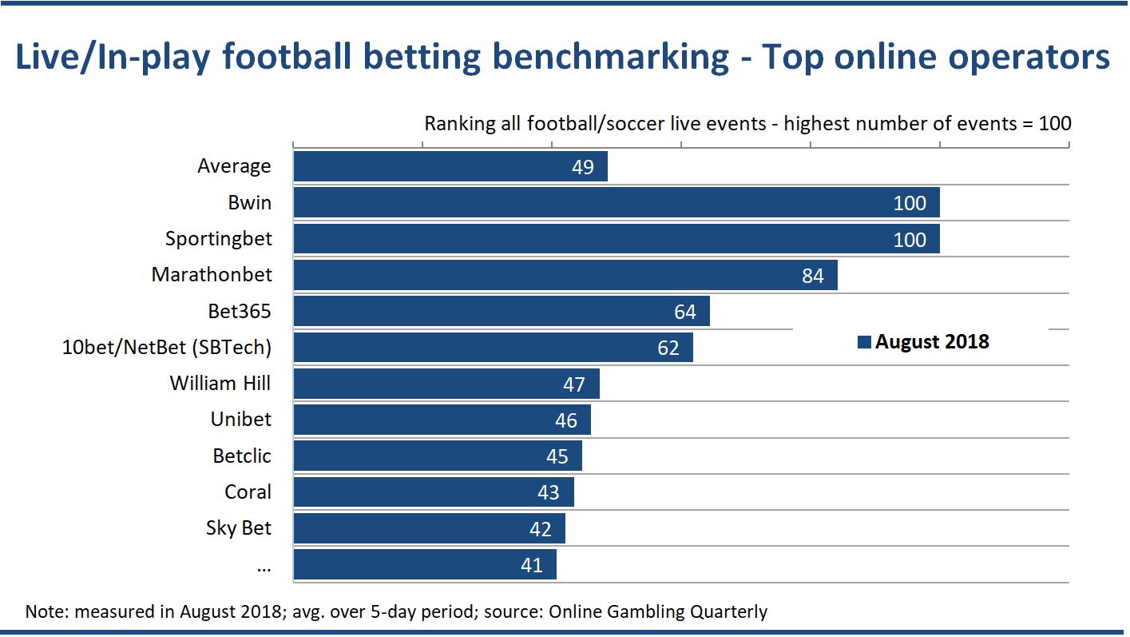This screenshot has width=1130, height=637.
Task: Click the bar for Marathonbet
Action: pyautogui.click(x=565, y=276)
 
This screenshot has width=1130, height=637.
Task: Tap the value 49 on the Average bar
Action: pyautogui.click(x=582, y=167)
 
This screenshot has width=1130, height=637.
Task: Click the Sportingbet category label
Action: pyautogui.click(x=218, y=239)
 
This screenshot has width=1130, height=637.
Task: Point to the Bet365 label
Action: pyautogui.click(x=239, y=312)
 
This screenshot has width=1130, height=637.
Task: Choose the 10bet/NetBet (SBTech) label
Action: pyautogui.click(x=167, y=348)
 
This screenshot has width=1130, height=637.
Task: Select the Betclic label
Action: pyautogui.click(x=242, y=456)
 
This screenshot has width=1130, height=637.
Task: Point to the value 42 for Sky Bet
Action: pyautogui.click(x=540, y=529)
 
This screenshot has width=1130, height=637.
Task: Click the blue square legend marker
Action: pyautogui.click(x=863, y=343)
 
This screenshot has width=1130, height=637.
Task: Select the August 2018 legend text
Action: pyautogui.click(x=932, y=342)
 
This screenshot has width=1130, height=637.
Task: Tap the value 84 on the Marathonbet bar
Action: pyautogui.click(x=812, y=276)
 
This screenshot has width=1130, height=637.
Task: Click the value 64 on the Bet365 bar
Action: pyautogui.click(x=684, y=312)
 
